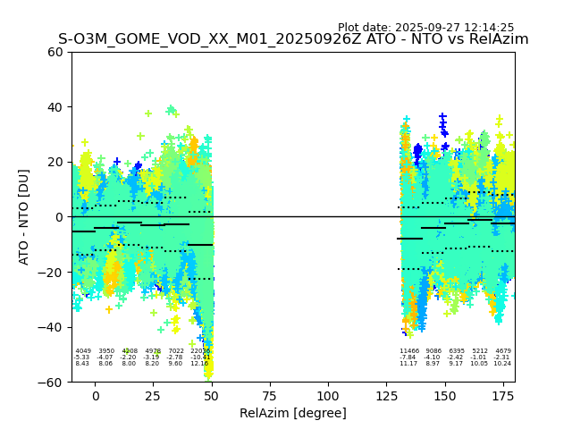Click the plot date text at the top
425,28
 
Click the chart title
293,39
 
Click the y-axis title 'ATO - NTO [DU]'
24,216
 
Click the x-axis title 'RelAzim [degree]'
293,413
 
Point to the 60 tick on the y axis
55,52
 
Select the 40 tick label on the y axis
55,107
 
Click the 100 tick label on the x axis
328,396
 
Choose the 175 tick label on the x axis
502,396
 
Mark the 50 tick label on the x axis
212,396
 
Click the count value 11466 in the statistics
409,351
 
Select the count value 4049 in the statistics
83,351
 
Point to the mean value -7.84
408,357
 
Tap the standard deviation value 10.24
502,364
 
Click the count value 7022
176,351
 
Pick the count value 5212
480,351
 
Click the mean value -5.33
82,357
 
